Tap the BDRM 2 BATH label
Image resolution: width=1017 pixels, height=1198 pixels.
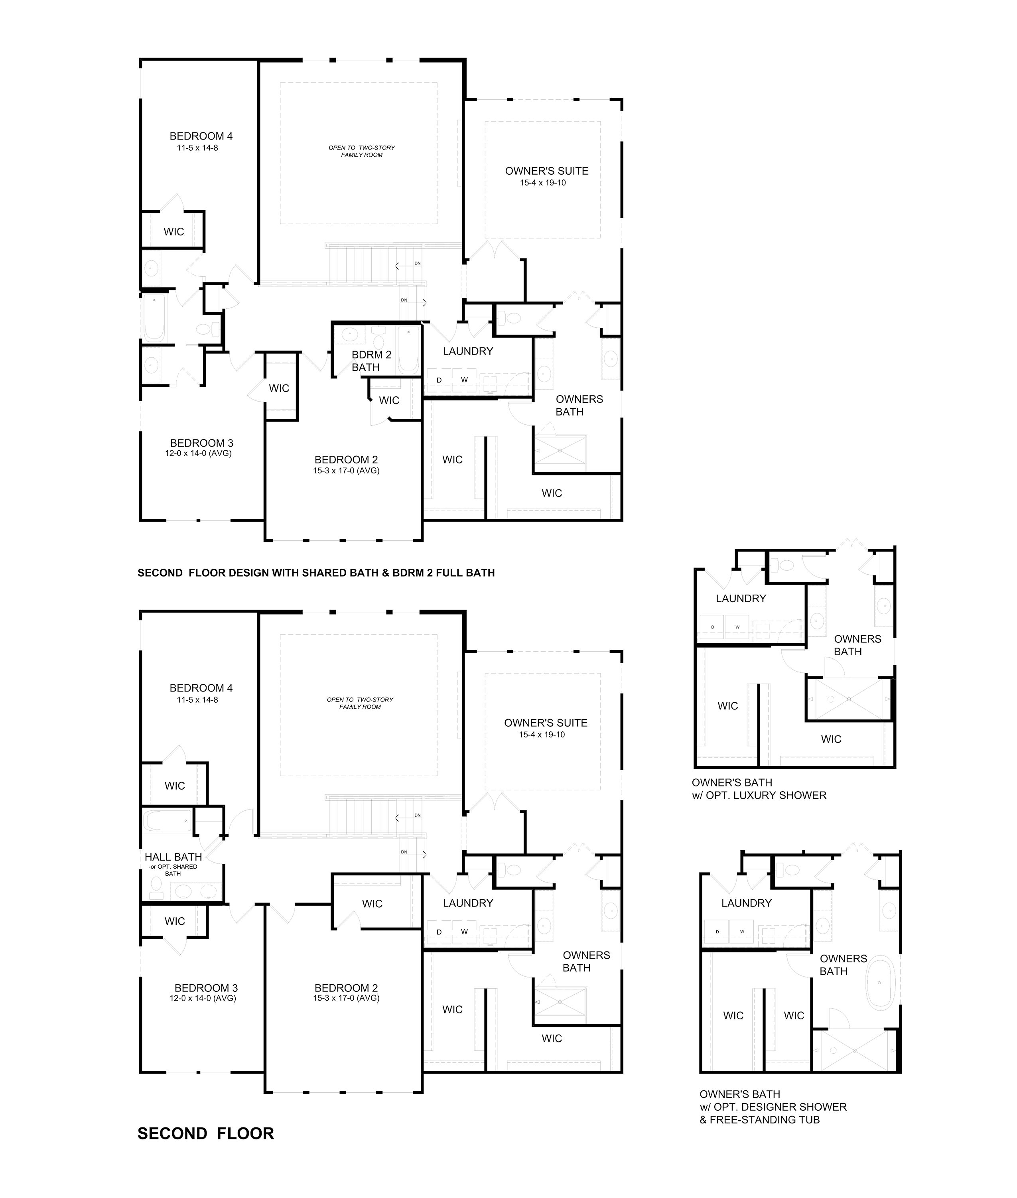371,361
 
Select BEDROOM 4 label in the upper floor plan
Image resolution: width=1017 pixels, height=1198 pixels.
201,136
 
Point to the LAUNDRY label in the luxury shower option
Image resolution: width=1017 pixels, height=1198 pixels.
741,599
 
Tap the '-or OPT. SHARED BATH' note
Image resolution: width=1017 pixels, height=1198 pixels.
173,870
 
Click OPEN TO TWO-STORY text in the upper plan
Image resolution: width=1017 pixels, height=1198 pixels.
361,148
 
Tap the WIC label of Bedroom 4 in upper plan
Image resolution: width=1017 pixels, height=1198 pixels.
173,232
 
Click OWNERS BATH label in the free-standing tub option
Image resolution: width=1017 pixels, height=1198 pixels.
843,965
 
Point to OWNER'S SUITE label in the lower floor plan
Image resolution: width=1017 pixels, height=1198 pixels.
546,723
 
